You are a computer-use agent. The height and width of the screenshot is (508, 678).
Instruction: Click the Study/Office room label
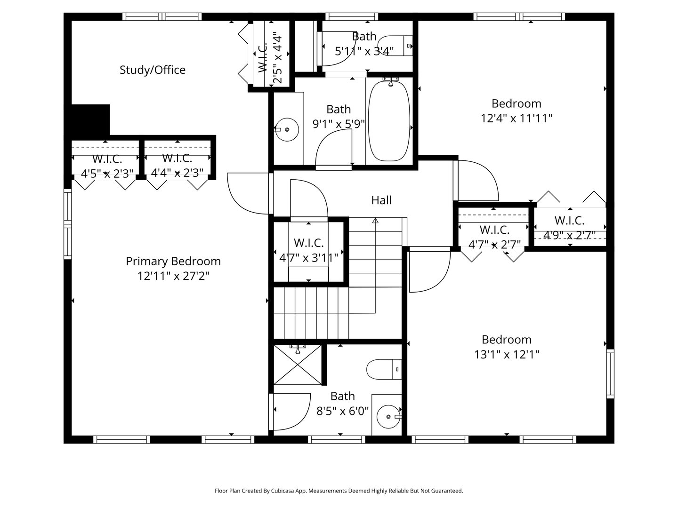pyautogui.click(x=153, y=70)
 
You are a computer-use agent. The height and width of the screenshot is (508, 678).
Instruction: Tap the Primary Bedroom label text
pyautogui.click(x=173, y=262)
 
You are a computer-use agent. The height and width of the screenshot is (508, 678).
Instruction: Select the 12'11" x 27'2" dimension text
pyautogui.click(x=173, y=276)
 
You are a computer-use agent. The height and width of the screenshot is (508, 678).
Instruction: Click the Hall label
pyautogui.click(x=381, y=200)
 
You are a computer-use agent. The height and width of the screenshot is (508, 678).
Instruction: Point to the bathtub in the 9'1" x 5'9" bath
pyautogui.click(x=389, y=121)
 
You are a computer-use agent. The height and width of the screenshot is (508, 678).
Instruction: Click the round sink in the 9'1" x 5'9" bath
pyautogui.click(x=287, y=129)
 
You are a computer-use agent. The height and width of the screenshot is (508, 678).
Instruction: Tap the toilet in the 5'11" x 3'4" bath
pyautogui.click(x=395, y=46)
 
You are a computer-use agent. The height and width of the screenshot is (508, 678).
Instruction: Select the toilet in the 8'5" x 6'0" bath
pyautogui.click(x=384, y=369)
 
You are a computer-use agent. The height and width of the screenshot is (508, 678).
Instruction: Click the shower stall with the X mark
pyautogui.click(x=298, y=365)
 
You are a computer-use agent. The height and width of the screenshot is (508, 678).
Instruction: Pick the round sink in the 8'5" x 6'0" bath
pyautogui.click(x=388, y=417)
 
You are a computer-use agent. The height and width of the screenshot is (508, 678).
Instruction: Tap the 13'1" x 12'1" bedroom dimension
pyautogui.click(x=507, y=354)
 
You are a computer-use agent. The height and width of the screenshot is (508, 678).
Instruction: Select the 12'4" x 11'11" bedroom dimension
pyautogui.click(x=517, y=118)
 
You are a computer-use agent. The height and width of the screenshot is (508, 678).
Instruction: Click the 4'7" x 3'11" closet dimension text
pyautogui.click(x=308, y=258)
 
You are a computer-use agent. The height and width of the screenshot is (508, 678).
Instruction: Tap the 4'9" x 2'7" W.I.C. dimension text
pyautogui.click(x=569, y=235)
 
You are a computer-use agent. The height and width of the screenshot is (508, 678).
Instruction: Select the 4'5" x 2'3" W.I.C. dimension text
pyautogui.click(x=107, y=174)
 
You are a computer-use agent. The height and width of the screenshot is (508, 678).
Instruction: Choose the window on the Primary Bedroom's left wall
pyautogui.click(x=68, y=224)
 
